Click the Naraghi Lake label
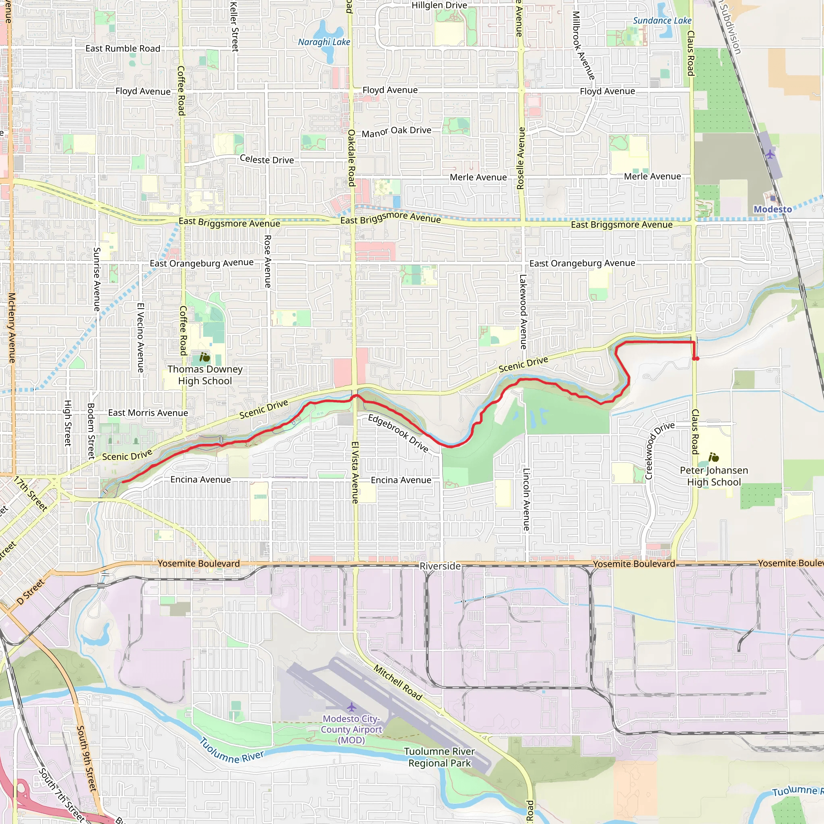(x=324, y=42)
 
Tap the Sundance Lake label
(x=662, y=21)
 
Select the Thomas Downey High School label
(x=205, y=375)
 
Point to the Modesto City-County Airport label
(x=351, y=729)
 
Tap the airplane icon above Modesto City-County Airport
(x=351, y=708)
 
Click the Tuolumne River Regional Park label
(x=439, y=757)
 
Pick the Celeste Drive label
(x=267, y=159)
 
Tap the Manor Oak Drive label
(x=396, y=132)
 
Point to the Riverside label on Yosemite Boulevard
(x=440, y=566)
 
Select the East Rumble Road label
(x=123, y=49)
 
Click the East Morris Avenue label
(x=148, y=412)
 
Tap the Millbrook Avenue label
(x=583, y=45)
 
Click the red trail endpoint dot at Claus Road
(x=696, y=358)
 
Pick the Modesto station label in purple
(x=772, y=209)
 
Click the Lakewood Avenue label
(x=523, y=312)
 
